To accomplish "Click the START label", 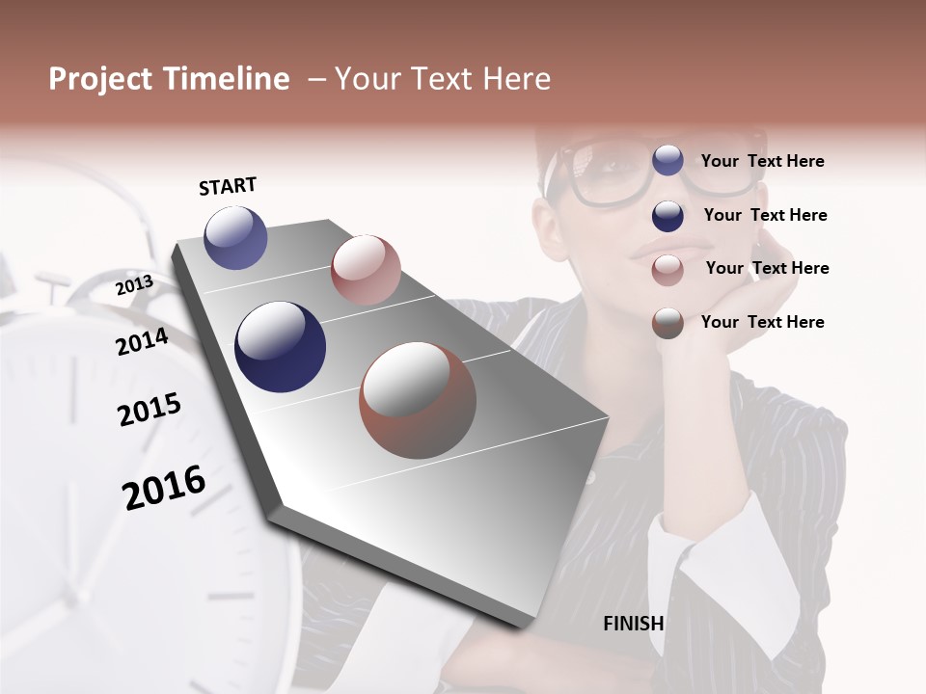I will pos(228,186).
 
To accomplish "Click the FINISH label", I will pos(633,624).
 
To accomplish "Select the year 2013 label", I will pos(134,285).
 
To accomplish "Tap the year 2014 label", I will pos(142,341).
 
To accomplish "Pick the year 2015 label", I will pos(149,409).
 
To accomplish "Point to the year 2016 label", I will pos(164,487).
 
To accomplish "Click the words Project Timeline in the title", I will pos(169,79).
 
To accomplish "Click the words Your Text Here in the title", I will pos(443,79).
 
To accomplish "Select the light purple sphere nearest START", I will pos(235,237).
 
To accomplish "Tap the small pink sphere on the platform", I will pos(366,269).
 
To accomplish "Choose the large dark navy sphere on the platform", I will pos(280,347).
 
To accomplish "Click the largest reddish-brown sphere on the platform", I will pos(418,400).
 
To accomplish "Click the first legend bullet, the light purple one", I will pos(667,160).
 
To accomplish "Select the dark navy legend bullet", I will pos(667,216).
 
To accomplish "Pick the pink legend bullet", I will pos(667,270).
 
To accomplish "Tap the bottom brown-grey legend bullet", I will pos(667,323).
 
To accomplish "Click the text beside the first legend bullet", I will pos(762,161).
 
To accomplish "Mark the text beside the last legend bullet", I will pos(762,322).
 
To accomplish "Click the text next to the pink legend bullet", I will pos(767,268).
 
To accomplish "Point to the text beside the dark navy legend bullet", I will pos(765,215).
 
